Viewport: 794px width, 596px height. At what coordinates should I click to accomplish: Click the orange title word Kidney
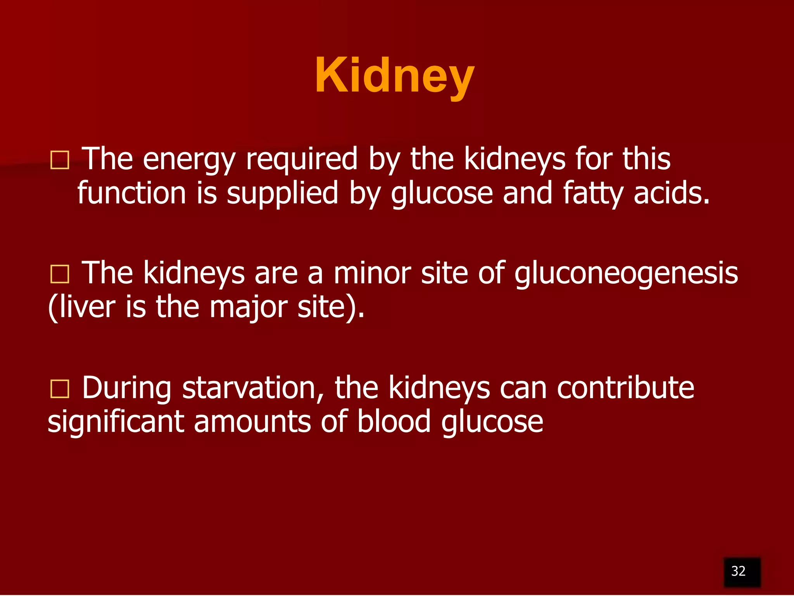(x=394, y=76)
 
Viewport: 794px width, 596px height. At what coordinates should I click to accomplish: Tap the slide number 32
(x=738, y=571)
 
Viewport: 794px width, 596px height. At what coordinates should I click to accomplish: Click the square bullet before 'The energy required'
(x=60, y=160)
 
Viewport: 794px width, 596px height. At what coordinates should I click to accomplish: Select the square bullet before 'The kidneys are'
(x=60, y=274)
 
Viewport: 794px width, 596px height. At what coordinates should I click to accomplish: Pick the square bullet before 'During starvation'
(x=60, y=388)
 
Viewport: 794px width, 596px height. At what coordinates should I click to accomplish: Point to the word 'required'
(x=302, y=159)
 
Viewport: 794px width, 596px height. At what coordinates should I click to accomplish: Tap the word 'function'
(x=132, y=193)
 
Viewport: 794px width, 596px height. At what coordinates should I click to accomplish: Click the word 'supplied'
(x=283, y=194)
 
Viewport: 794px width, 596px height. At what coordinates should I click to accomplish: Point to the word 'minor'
(x=372, y=273)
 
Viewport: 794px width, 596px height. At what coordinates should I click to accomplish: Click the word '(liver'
(x=82, y=307)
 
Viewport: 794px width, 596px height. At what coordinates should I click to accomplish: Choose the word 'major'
(x=249, y=308)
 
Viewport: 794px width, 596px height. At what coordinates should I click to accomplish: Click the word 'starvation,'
(x=253, y=388)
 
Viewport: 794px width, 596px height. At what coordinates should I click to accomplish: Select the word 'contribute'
(x=625, y=388)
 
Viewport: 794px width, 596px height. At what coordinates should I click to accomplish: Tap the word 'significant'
(x=116, y=422)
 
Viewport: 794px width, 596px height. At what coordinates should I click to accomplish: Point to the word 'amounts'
(x=252, y=422)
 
